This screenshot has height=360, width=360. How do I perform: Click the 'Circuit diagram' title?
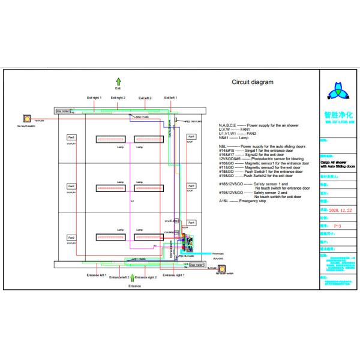point(253,82)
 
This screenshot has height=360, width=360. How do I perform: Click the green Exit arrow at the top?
point(118,82)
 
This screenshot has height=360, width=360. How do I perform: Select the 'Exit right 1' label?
point(95,97)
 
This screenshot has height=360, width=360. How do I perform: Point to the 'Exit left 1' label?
point(169,97)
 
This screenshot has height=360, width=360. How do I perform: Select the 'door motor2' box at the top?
point(62,111)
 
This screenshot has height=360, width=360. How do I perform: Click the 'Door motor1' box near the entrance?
point(197,264)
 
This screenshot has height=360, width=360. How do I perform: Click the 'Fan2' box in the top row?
point(71,137)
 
